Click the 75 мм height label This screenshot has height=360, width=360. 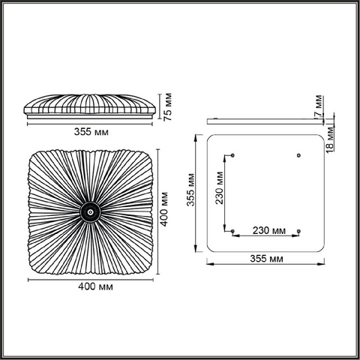168,107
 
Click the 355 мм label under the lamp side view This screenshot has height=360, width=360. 91,132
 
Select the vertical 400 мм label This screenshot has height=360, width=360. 164,209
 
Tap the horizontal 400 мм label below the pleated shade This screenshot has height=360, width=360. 95,286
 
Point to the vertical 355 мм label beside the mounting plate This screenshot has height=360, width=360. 190,190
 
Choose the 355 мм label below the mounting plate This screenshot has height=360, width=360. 267,259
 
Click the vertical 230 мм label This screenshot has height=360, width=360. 220,188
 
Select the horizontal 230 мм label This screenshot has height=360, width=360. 269,230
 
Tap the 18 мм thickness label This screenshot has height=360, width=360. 330,139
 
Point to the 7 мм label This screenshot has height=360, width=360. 318,106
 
